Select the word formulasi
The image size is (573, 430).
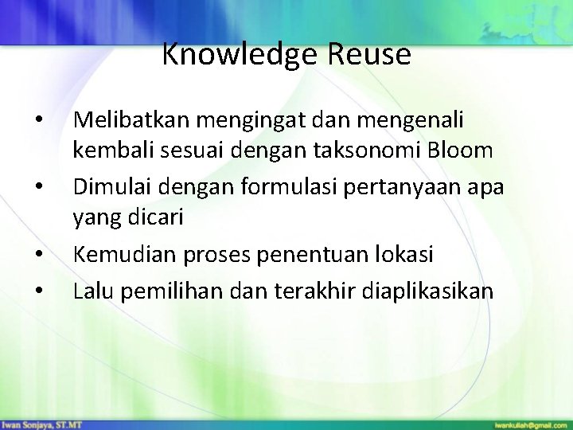259,186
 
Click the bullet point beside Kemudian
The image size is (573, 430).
39,256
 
